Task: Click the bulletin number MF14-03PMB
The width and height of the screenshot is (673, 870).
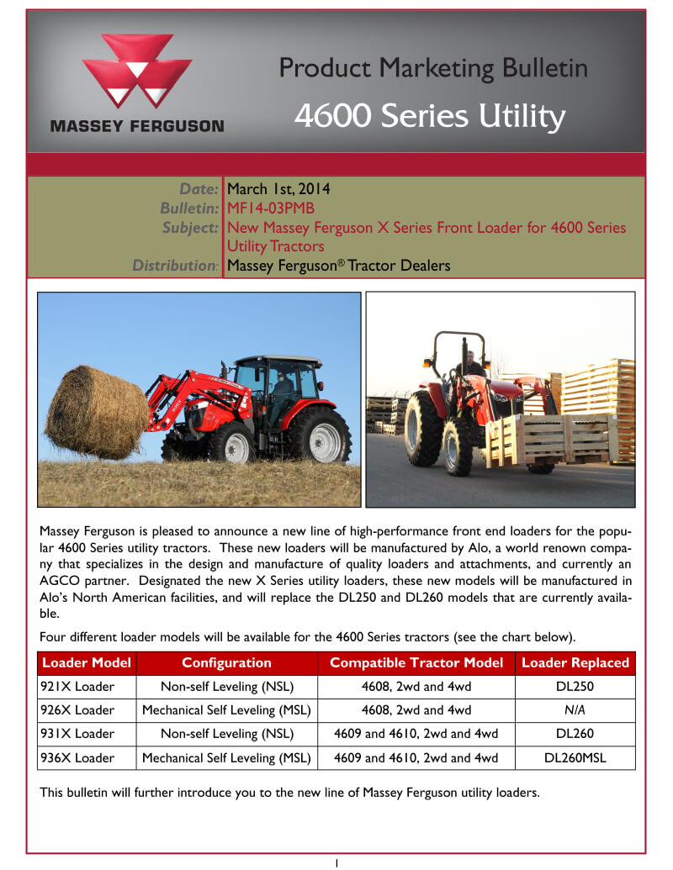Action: [x=270, y=208]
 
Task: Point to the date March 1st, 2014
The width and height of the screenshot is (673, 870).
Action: [x=278, y=188]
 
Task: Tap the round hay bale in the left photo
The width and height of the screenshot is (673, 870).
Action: [x=97, y=411]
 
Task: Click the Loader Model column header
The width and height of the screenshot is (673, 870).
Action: [x=87, y=662]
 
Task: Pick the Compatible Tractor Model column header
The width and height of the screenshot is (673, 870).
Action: [x=416, y=662]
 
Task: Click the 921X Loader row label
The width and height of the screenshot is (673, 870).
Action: [x=77, y=687]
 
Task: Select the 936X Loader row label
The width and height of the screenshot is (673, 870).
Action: [x=77, y=757]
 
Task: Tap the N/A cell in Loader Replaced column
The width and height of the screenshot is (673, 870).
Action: [x=575, y=709]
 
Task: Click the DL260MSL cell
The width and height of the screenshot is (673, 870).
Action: [x=575, y=757]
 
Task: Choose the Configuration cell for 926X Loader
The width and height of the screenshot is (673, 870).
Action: [x=226, y=709]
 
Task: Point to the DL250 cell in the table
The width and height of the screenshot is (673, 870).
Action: [x=575, y=687]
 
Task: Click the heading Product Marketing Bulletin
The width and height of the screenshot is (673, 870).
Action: [x=433, y=68]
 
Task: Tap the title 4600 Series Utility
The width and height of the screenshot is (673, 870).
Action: [x=430, y=115]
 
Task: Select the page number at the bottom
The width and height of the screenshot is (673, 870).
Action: [x=336, y=862]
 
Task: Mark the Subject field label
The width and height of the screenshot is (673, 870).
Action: [x=190, y=228]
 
